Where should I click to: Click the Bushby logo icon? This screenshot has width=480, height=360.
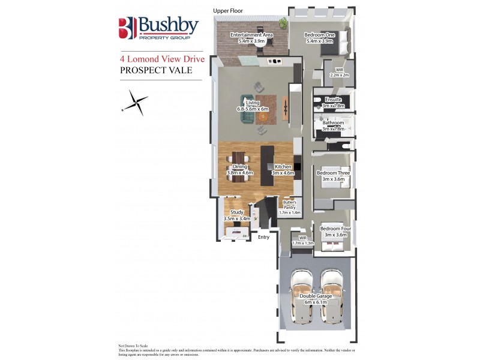point(127,28)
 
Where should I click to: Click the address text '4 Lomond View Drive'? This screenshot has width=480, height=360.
point(162,59)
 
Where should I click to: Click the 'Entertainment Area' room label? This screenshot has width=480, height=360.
point(252,35)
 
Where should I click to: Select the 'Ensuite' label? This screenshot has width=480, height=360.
point(333,100)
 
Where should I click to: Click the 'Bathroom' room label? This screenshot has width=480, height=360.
point(333,122)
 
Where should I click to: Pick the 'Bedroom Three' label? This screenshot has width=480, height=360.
point(333,173)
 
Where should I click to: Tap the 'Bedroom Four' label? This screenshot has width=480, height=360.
point(333,229)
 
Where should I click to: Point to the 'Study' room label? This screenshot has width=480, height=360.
point(236,212)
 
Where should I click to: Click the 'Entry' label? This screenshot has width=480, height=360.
point(263,238)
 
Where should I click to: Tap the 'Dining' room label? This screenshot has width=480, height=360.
point(239,167)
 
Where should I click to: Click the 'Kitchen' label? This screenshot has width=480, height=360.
point(283,167)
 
